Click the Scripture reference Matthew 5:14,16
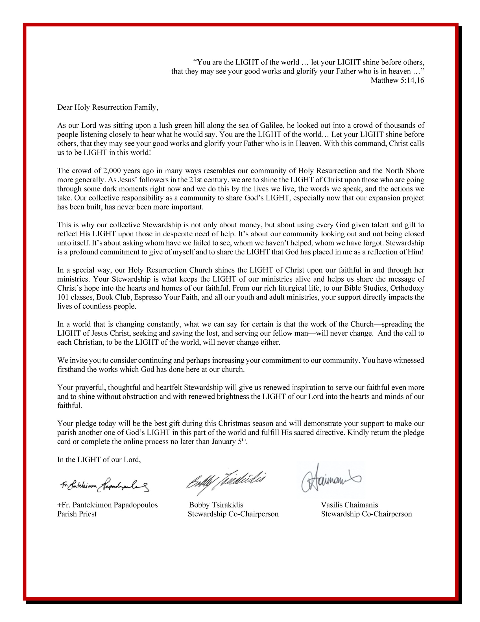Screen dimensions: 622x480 [x=397, y=80]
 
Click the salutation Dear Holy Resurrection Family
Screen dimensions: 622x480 [x=108, y=107]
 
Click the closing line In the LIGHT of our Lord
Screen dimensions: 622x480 [x=99, y=459]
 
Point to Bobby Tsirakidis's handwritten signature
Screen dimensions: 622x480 [x=226, y=481]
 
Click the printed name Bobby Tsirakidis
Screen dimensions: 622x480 [x=216, y=505]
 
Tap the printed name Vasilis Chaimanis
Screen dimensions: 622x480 [x=349, y=505]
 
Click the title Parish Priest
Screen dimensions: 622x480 [x=77, y=514]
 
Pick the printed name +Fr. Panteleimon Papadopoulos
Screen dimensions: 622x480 [x=108, y=505]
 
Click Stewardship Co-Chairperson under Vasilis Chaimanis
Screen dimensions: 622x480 [x=366, y=514]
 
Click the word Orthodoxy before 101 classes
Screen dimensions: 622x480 [x=407, y=288]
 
